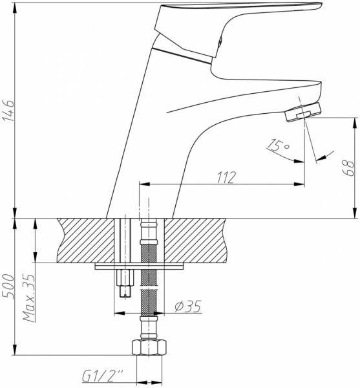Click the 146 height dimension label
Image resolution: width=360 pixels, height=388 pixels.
point(8,110)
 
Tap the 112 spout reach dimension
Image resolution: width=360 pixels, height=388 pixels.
point(226,177)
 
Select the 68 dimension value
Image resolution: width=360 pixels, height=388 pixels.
point(348,168)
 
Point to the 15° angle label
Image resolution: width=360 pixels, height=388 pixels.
point(279,146)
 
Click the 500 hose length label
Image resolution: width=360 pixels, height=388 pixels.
point(8,286)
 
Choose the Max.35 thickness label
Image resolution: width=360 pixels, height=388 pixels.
point(28,297)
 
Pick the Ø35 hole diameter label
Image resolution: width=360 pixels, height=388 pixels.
point(188,307)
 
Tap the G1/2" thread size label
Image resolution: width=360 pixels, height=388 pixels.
point(103,376)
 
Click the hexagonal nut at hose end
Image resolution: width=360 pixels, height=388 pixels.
point(149,348)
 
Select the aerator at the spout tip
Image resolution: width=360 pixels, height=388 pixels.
point(303,112)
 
